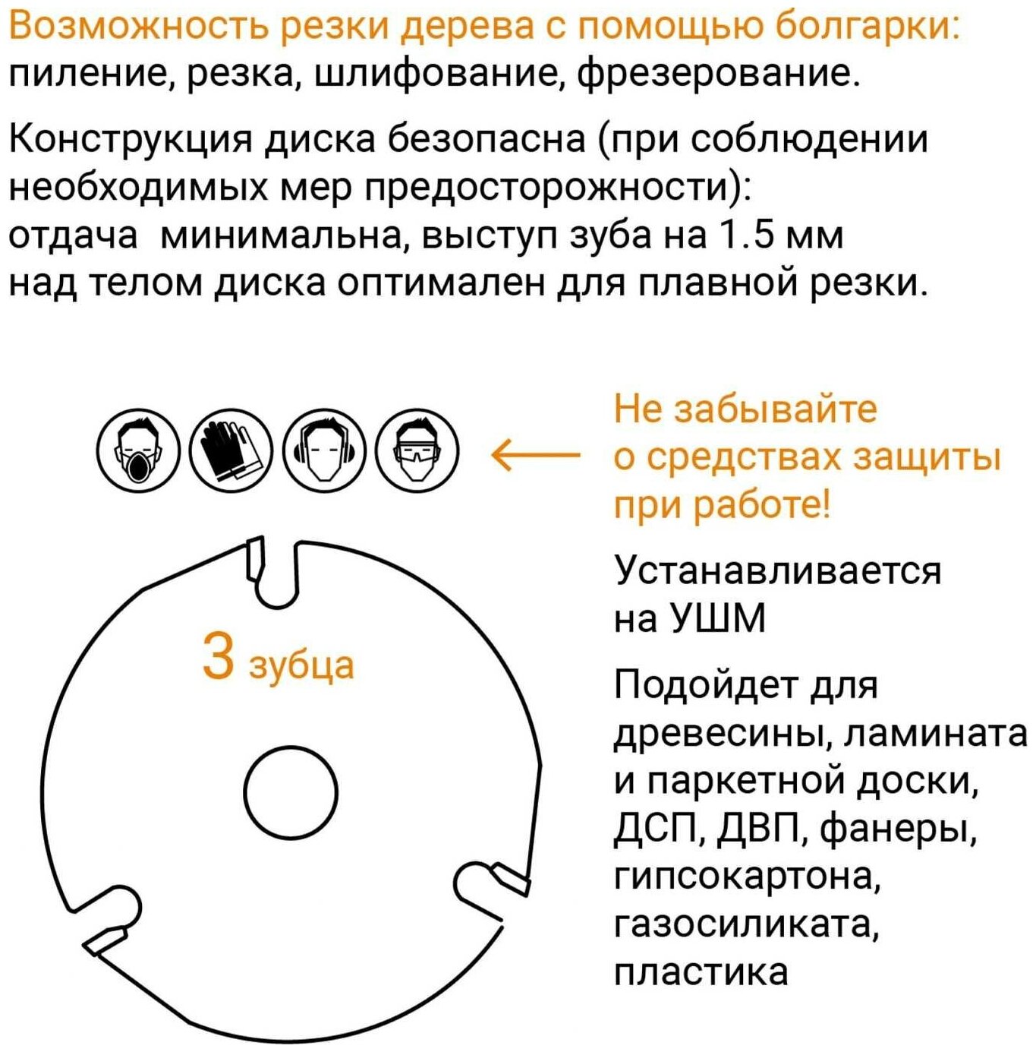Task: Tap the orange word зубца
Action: coord(301,665)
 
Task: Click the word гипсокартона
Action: coord(747,877)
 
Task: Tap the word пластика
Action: coord(701,973)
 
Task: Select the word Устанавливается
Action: coord(777,571)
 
